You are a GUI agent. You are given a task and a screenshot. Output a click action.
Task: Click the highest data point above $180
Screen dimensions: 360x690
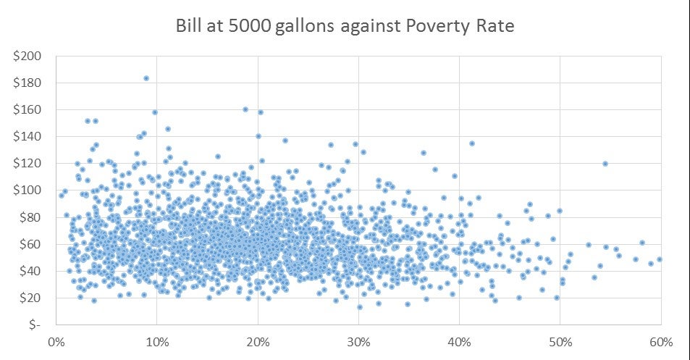[x=146, y=78]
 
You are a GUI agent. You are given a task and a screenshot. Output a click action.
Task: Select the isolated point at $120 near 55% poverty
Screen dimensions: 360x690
[x=605, y=164]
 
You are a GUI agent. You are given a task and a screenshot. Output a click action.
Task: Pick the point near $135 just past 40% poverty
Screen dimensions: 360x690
[x=471, y=143]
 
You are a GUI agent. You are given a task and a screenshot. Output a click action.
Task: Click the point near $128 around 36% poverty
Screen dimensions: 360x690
[x=424, y=153]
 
